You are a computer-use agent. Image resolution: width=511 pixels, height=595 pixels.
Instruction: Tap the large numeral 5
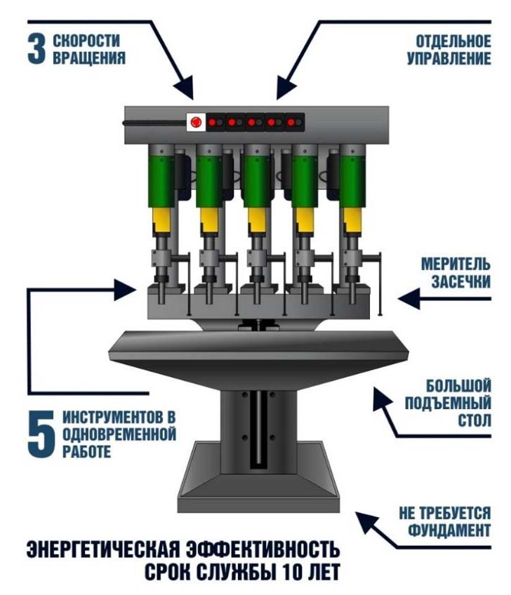40,432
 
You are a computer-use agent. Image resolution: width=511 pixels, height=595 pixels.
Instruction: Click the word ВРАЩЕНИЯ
89,58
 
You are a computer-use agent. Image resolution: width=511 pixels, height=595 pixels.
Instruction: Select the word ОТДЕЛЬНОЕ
449,41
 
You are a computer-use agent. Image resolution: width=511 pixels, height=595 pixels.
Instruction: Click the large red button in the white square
195,122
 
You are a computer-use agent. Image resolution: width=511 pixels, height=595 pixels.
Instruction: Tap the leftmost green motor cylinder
160,179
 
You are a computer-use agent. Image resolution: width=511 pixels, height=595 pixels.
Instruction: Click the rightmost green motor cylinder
350,179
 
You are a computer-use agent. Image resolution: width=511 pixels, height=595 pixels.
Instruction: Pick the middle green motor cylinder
255,179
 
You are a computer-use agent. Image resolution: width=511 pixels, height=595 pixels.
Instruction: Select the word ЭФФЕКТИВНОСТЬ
267,549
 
